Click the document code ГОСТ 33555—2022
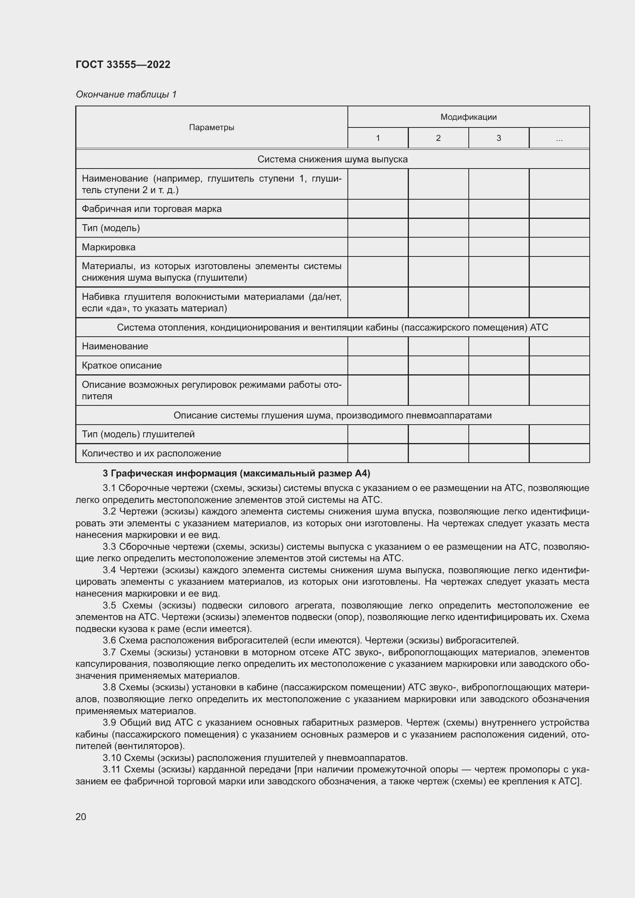click(123, 64)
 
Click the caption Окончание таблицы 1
click(126, 94)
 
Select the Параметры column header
click(212, 127)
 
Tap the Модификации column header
click(468, 117)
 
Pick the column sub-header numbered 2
click(438, 138)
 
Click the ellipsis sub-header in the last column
click(559, 138)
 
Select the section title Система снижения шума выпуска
click(332, 159)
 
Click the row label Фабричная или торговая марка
click(152, 209)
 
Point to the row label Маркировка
click(109, 247)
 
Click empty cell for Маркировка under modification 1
click(378, 247)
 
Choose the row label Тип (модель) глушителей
click(138, 434)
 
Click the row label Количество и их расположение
click(151, 453)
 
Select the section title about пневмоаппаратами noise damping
click(332, 415)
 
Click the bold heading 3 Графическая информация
click(236, 473)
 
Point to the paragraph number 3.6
click(109, 640)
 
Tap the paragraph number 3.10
click(112, 757)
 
